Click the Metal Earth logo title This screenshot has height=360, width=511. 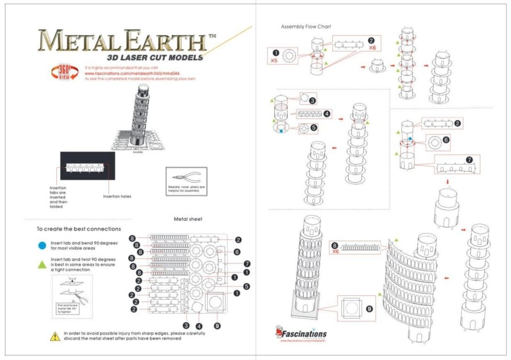(122, 41)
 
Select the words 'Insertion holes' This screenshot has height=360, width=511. (117, 196)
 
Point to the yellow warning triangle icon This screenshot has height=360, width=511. (55, 336)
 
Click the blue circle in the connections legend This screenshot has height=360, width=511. (41, 245)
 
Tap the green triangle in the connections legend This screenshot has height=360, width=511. (41, 264)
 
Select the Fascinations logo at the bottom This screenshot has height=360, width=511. (301, 334)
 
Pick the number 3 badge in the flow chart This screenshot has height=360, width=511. (312, 99)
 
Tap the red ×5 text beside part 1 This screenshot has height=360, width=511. (274, 60)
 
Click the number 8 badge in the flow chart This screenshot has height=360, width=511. (334, 245)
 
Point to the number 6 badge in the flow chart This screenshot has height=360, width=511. (446, 139)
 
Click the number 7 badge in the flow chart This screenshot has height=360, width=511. (469, 160)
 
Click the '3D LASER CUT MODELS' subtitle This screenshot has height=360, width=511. (155, 57)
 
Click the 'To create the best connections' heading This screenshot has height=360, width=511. (78, 229)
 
